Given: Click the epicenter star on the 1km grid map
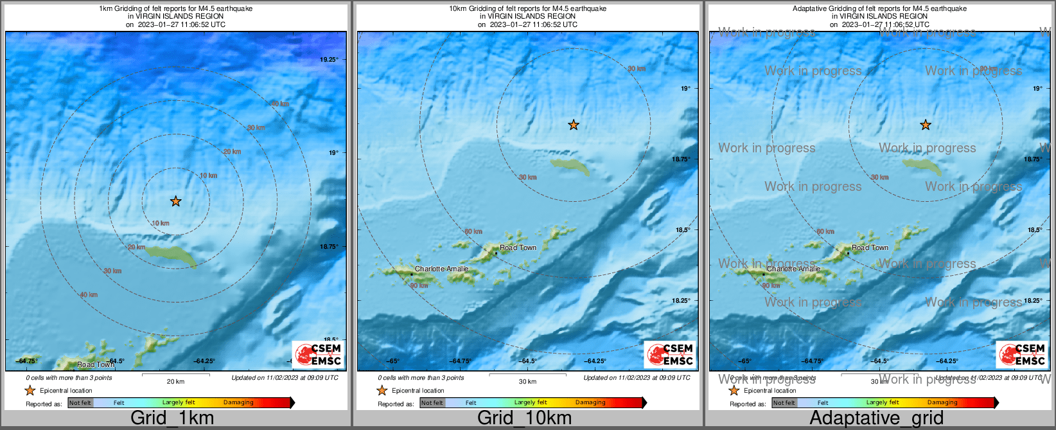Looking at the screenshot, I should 175,201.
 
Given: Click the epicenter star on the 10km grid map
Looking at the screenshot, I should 574,125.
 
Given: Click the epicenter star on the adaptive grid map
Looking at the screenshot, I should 926,125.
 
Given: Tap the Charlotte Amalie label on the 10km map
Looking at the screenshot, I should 441,269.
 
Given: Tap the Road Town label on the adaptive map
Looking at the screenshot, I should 870,247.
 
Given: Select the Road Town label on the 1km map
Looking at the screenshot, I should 95,364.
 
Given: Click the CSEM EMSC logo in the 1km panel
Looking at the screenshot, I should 318,354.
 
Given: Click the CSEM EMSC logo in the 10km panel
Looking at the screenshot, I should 670,354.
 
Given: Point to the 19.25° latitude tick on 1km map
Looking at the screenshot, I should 329,59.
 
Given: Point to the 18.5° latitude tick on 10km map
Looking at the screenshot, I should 682,229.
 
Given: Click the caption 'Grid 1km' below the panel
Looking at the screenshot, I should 172,418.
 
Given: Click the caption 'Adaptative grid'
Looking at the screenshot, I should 876,418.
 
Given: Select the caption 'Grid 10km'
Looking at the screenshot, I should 524,418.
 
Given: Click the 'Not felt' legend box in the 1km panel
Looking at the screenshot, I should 80,403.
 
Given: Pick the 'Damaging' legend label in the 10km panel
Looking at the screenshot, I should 590,402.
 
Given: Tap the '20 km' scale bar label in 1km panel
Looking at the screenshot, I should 175,381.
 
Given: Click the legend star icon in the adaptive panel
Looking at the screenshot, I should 734,390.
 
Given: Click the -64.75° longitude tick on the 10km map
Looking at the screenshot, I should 460,361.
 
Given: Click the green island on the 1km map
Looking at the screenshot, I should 171,255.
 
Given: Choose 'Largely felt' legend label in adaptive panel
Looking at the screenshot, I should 882,402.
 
